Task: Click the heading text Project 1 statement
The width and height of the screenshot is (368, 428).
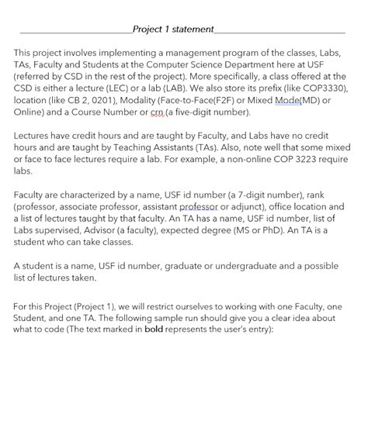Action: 172,29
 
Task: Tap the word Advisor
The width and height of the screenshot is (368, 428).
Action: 111,231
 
